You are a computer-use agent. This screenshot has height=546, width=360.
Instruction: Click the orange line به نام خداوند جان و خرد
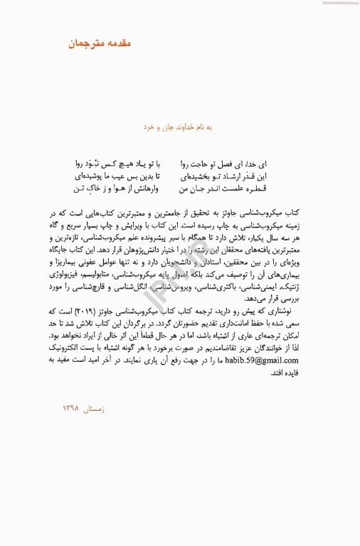[x=180, y=126]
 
